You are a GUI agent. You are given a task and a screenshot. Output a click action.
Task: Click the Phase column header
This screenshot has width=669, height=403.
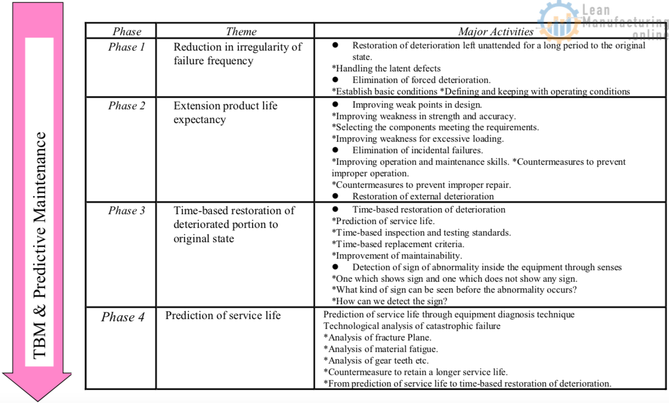pyautogui.click(x=127, y=32)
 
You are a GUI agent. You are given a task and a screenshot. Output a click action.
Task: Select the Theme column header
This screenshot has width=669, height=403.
pyautogui.click(x=241, y=32)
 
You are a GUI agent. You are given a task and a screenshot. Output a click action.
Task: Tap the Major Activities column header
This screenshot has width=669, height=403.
pyautogui.click(x=496, y=32)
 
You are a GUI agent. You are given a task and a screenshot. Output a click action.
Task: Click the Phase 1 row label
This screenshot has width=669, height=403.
pyautogui.click(x=127, y=47)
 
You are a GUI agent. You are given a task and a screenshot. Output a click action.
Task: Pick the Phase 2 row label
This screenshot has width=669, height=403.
pyautogui.click(x=127, y=106)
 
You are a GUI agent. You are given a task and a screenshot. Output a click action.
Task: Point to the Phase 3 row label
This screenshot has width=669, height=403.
pyautogui.click(x=127, y=211)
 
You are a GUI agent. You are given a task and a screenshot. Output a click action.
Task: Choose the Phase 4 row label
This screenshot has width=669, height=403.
pyautogui.click(x=122, y=317)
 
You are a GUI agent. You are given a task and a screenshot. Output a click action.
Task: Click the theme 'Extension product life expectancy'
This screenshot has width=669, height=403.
pyautogui.click(x=226, y=113)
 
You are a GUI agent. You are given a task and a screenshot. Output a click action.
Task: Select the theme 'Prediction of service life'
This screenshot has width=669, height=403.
pyautogui.click(x=223, y=315)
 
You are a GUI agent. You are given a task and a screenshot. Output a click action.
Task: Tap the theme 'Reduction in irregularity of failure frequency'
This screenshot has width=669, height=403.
pyautogui.click(x=238, y=54)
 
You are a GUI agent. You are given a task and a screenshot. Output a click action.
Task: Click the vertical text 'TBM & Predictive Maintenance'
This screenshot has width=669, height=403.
pyautogui.click(x=40, y=244)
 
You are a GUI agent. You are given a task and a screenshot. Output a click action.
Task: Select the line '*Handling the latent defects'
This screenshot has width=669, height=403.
pyautogui.click(x=386, y=69)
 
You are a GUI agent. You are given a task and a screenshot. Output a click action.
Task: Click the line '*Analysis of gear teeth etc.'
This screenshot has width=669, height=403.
pyautogui.click(x=376, y=361)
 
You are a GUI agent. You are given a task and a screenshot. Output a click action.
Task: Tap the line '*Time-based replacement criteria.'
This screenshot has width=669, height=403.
pyautogui.click(x=398, y=244)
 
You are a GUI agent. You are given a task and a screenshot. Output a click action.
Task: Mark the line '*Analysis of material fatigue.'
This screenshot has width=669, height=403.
pyautogui.click(x=380, y=349)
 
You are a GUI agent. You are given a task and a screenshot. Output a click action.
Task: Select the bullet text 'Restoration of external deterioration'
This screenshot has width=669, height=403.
pyautogui.click(x=423, y=197)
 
